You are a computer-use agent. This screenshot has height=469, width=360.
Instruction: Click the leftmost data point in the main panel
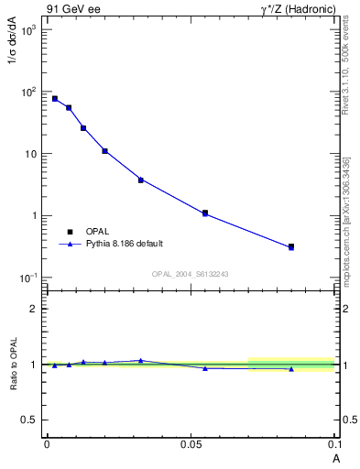tap(55, 99)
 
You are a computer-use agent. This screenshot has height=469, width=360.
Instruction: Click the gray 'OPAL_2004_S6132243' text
tap(190, 274)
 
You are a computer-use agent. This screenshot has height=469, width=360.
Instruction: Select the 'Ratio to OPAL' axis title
tap(13, 364)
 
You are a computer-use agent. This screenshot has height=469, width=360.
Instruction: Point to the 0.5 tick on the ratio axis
tap(28, 420)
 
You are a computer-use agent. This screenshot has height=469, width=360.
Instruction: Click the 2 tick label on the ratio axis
tap(34, 309)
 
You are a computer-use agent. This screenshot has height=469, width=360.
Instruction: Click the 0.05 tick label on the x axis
tap(190, 443)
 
